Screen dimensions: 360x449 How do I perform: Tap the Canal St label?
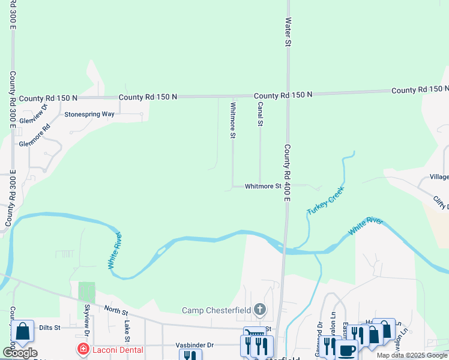click(261, 114)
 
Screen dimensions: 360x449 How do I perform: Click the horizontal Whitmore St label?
click(263, 187)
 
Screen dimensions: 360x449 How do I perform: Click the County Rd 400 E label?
click(287, 173)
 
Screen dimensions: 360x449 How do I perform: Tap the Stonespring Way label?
click(89, 114)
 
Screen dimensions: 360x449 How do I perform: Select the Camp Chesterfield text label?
click(217, 310)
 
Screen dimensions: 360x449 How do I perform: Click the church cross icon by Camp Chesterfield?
click(259, 310)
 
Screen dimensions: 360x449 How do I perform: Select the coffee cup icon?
click(346, 350)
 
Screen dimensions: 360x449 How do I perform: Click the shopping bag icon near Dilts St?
click(22, 332)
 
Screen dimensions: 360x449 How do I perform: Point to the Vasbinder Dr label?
click(194, 345)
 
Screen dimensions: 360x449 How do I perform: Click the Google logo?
click(20, 353)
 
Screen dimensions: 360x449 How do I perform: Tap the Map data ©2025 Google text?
click(411, 355)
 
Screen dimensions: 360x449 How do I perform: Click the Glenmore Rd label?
click(35, 136)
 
